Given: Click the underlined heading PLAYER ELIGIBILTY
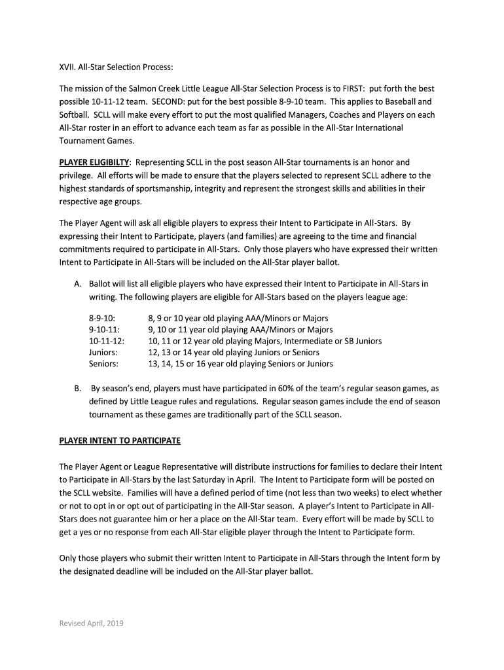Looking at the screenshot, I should click(94, 162).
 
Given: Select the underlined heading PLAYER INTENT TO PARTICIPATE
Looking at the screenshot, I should click(120, 441).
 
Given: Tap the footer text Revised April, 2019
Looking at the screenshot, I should click(91, 623).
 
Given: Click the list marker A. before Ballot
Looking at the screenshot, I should click(77, 284).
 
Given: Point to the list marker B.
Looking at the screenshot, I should click(77, 388).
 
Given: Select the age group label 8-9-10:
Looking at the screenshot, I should click(102, 319).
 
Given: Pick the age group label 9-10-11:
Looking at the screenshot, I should click(104, 330).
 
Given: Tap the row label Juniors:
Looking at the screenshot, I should click(103, 353).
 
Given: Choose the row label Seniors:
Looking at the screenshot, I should click(103, 364).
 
